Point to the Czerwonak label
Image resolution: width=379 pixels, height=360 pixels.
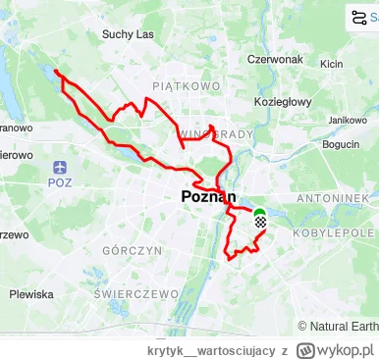pos(274,58)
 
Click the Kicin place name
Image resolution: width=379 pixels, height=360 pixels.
pos(331,65)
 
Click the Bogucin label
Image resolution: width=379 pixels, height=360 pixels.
pos(341,144)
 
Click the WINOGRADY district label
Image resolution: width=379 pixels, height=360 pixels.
pos(217,133)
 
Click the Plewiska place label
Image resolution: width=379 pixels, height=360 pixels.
pos(31,293)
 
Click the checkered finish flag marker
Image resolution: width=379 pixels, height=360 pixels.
pos(259,223)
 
